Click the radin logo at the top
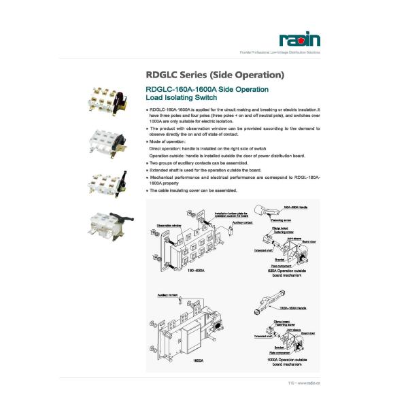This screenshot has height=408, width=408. click(299, 40)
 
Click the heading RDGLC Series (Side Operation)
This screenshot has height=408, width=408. click(215, 74)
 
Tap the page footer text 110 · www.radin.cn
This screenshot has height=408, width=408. click(304, 384)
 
